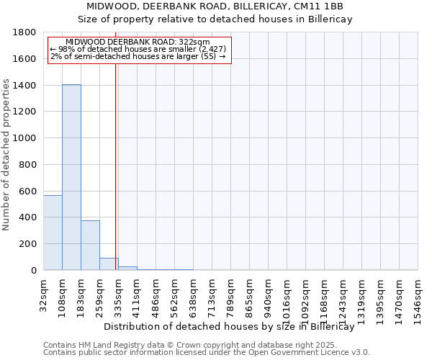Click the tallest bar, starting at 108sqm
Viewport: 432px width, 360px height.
click(71, 177)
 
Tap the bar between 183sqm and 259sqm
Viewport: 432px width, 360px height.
click(90, 245)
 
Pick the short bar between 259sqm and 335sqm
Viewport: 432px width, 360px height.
click(109, 264)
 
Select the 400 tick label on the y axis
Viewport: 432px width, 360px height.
click(29, 217)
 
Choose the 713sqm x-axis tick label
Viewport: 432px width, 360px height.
click(212, 295)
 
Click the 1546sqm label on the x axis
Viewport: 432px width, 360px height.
click(418, 298)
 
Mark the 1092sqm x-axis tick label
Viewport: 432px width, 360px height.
click(306, 298)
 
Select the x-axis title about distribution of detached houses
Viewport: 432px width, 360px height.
click(234, 326)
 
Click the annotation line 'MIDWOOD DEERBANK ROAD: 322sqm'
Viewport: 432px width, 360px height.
click(137, 42)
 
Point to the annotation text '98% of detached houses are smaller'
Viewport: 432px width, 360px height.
click(138, 49)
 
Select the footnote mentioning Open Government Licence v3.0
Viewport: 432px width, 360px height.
click(207, 353)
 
